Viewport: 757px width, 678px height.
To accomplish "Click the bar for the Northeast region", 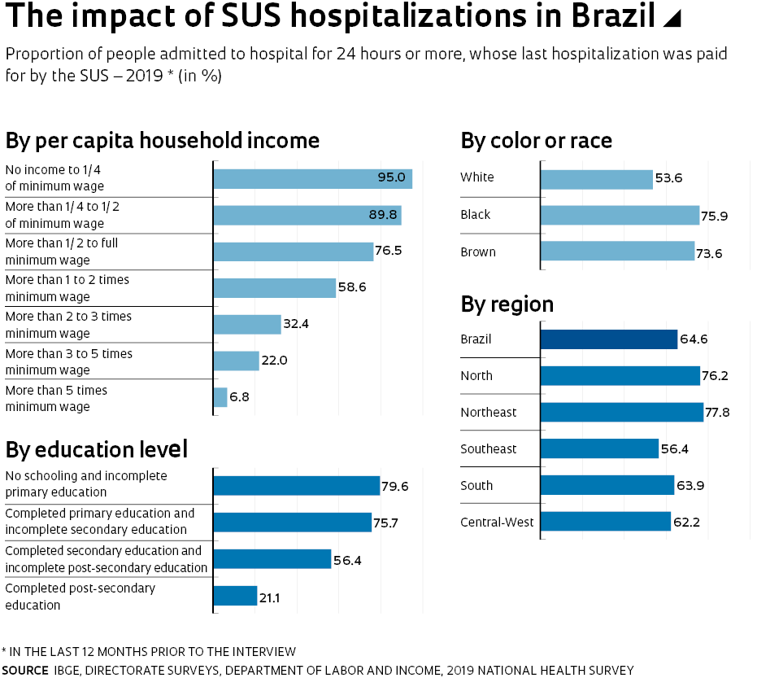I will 621,412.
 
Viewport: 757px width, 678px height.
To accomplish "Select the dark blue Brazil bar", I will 608,339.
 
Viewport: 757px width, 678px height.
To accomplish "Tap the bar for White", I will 596,178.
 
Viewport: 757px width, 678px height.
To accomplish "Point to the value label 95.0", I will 391,177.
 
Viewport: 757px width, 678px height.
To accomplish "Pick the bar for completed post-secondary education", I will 235,596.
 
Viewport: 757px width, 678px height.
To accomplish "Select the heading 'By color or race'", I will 536,141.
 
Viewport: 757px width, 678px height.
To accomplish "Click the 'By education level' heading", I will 97,449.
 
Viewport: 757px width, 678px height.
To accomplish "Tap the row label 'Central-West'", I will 497,522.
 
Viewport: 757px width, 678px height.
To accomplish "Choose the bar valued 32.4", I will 247,324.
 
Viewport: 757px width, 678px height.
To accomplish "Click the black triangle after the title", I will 672,19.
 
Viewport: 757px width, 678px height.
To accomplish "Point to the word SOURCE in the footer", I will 25,670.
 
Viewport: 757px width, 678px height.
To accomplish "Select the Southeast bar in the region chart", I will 598,448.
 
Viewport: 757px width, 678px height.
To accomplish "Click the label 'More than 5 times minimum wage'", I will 56,398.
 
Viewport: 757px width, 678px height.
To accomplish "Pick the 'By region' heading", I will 507,304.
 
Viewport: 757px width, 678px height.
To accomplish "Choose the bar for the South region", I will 607,485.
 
